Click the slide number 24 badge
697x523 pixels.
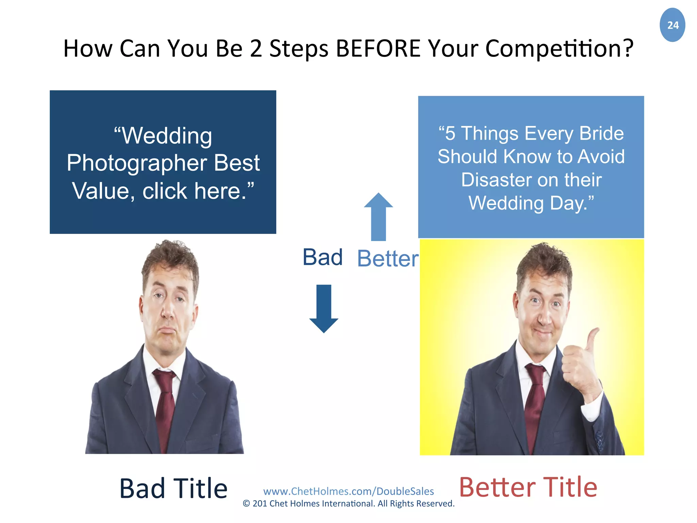coord(672,25)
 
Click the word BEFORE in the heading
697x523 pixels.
coord(378,48)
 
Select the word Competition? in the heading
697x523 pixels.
coord(559,49)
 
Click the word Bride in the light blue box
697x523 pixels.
coord(601,133)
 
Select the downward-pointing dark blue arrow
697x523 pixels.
coord(323,308)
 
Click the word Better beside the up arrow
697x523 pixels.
coord(387,259)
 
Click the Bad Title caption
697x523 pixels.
coord(173,488)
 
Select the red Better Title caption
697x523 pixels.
coord(528,487)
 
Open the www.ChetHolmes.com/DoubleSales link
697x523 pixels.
coord(348,491)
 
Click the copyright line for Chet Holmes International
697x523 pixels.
coord(348,504)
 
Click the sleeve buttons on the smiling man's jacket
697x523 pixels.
coord(599,439)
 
